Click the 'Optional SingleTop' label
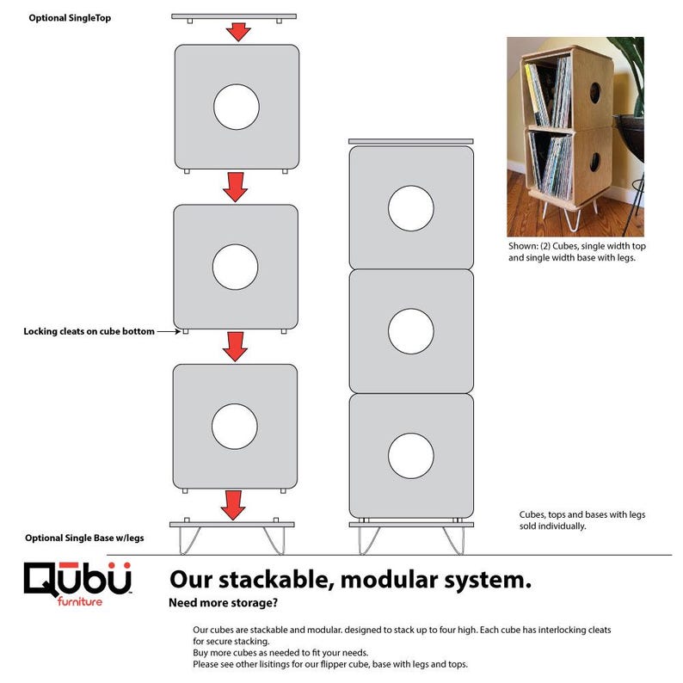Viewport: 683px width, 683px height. point(70,18)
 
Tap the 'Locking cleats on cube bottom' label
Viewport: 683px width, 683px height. point(89,331)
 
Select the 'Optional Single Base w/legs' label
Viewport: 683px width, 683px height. point(84,538)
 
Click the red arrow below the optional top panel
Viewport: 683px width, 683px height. point(238,32)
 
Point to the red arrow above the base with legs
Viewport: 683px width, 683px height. point(233,505)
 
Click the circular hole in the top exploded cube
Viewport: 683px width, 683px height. point(237,107)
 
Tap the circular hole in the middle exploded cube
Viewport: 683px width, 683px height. point(235,267)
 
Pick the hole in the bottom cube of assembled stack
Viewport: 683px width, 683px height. point(411,456)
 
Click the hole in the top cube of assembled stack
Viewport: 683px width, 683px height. point(411,208)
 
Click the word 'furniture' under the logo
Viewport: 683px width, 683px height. point(80,601)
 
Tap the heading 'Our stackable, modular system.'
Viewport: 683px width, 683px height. point(350,580)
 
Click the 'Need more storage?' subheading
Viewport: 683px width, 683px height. point(223,603)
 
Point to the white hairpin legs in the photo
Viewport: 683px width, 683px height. point(569,214)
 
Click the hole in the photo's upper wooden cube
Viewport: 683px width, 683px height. point(595,93)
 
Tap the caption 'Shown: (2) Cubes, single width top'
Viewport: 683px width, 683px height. point(576,246)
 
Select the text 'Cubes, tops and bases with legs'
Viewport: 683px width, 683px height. point(582,514)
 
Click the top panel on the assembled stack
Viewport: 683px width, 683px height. point(411,141)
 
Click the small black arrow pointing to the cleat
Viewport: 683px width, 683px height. point(169,331)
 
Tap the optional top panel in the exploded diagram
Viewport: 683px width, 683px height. point(234,16)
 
